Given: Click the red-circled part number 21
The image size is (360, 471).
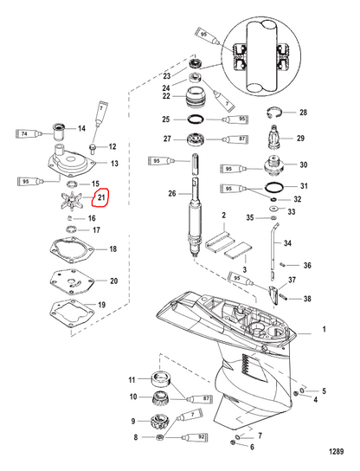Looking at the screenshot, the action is click(x=101, y=197).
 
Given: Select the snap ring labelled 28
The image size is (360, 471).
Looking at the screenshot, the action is click(x=273, y=113).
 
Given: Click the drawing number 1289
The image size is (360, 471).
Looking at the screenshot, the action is click(x=337, y=451).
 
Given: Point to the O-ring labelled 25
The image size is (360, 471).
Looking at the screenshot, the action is click(x=196, y=119).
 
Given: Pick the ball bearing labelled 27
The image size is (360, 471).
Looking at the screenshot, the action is click(x=196, y=140).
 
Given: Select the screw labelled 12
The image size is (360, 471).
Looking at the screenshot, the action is click(x=94, y=147).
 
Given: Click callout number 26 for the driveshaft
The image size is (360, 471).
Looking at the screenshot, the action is click(x=171, y=193).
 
